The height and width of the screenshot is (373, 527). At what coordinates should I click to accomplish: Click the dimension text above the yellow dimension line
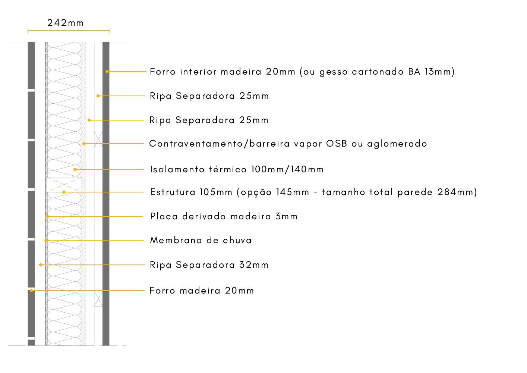pyautogui.click(x=64, y=23)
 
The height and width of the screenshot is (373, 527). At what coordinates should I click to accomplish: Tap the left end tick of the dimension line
pyautogui.click(x=28, y=31)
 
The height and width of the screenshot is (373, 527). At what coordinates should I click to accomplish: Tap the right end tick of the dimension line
pyautogui.click(x=109, y=31)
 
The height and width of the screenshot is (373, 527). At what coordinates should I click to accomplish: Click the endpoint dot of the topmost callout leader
pyautogui.click(x=107, y=72)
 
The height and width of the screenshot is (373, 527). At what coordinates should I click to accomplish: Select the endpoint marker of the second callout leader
pyautogui.click(x=98, y=96)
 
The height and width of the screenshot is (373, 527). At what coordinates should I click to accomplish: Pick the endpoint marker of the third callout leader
pyautogui.click(x=89, y=120)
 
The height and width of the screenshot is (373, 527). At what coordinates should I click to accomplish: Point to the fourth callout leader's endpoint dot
pyautogui.click(x=84, y=144)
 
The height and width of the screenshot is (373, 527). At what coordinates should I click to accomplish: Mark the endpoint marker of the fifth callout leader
pyautogui.click(x=75, y=170)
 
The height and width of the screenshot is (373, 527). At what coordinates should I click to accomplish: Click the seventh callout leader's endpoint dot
pyautogui.click(x=47, y=216)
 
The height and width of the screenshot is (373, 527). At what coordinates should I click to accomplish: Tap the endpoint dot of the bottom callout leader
pyautogui.click(x=31, y=290)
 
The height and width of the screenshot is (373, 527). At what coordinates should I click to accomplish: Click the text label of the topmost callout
pyautogui.click(x=302, y=72)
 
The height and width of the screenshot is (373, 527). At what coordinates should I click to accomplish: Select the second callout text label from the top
pyautogui.click(x=208, y=96)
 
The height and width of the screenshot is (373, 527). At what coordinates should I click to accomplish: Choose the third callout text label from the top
pyautogui.click(x=208, y=120)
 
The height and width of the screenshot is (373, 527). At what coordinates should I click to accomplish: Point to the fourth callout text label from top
pyautogui.click(x=288, y=144)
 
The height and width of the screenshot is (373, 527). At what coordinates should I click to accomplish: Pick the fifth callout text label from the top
pyautogui.click(x=237, y=169)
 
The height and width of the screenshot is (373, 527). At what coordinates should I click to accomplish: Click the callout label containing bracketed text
pyautogui.click(x=313, y=192)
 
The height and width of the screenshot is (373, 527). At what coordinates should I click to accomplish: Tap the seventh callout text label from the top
pyautogui.click(x=223, y=217)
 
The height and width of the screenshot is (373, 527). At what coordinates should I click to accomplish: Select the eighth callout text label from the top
pyautogui.click(x=201, y=241)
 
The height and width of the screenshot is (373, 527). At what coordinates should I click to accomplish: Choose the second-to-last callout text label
pyautogui.click(x=208, y=265)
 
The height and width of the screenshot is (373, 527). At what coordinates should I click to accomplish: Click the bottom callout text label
pyautogui.click(x=201, y=291)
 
